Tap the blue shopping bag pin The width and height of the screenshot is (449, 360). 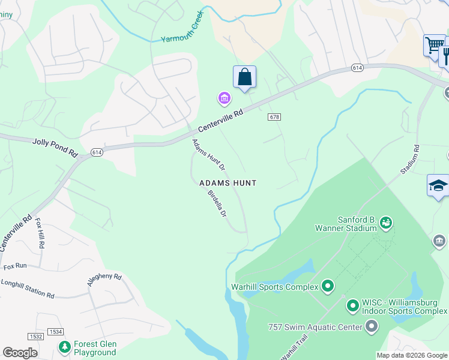pos(244,77)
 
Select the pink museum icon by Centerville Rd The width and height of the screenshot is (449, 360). pos(224,98)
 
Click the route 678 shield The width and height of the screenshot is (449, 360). pos(275,117)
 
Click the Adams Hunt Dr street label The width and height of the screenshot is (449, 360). pos(208,154)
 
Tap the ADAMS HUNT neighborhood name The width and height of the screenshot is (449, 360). pos(228,183)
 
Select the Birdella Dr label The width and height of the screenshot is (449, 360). pos(217,203)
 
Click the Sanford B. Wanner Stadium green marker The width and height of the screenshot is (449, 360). pos(385,223)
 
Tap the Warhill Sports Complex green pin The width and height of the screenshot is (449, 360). pos(327,286)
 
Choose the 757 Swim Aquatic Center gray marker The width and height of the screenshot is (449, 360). pos(372,326)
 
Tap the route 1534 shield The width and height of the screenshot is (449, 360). pos(56,332)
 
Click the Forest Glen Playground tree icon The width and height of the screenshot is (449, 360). pos(64,347)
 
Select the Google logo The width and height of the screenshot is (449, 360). pos(20,353)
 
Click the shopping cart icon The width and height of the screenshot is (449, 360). pos(433,44)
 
